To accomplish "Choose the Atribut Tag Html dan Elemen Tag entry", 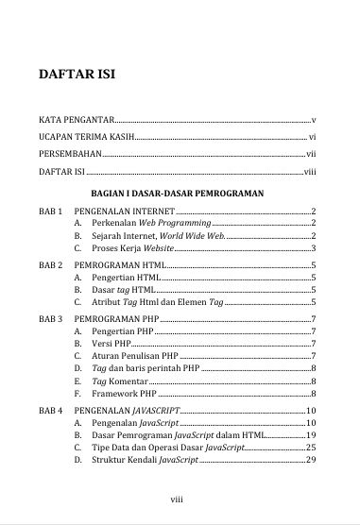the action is click(157, 302).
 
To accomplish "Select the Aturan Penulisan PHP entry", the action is click(131, 356).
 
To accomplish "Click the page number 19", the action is click(310, 435).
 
